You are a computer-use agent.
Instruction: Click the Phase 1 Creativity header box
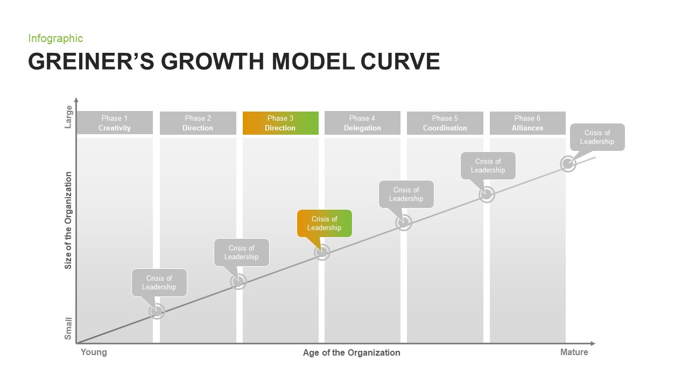(x=114, y=123)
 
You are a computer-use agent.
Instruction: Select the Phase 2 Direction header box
(x=198, y=123)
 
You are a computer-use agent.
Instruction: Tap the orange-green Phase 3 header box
(x=280, y=123)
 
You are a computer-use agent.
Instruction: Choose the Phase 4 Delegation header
(x=362, y=123)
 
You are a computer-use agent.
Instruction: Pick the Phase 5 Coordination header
(x=445, y=123)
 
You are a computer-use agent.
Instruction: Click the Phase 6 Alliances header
(x=528, y=123)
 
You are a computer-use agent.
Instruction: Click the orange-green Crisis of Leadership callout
(x=324, y=223)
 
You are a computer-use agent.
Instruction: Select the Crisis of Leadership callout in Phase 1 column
(x=159, y=282)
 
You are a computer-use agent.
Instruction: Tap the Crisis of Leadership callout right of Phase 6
(x=597, y=137)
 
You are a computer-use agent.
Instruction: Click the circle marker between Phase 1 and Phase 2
(x=157, y=311)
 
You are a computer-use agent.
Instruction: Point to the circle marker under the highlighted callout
(x=322, y=252)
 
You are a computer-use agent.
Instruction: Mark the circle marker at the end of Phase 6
(x=568, y=164)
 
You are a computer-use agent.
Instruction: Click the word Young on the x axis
(x=94, y=352)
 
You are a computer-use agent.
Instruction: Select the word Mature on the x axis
(x=574, y=352)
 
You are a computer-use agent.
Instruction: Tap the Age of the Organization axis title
(x=351, y=352)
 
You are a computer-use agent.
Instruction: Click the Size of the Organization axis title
(x=68, y=220)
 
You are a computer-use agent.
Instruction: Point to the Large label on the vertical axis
(x=68, y=117)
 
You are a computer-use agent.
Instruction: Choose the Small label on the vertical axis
(x=68, y=328)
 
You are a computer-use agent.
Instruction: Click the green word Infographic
(x=55, y=38)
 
